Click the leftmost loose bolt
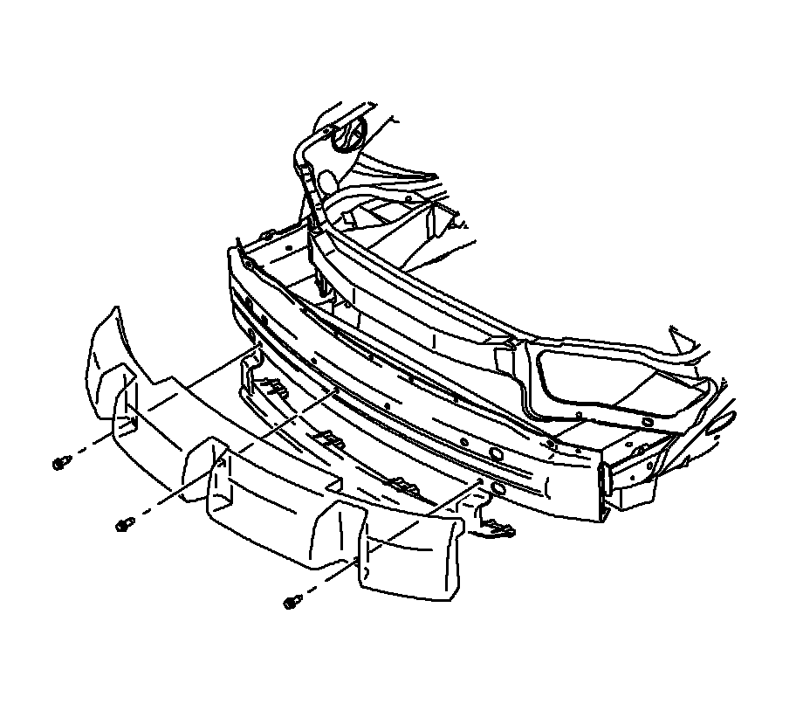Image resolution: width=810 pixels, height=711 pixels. [x=60, y=462]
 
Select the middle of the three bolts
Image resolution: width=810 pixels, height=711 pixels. [x=123, y=524]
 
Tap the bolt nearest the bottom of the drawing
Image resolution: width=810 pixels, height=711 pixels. [x=292, y=602]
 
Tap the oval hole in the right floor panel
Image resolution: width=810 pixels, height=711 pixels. [x=648, y=423]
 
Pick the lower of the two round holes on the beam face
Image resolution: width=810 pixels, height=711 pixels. [x=497, y=488]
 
